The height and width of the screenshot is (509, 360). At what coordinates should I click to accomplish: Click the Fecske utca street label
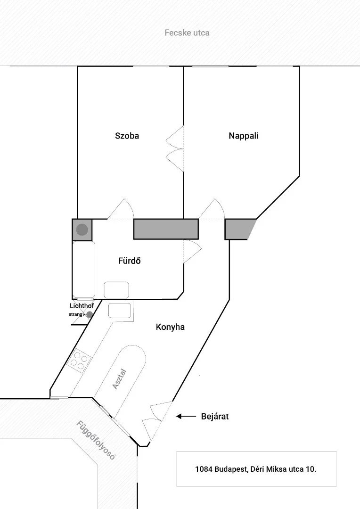[187, 33]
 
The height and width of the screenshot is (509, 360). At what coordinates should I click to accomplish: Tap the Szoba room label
[127, 136]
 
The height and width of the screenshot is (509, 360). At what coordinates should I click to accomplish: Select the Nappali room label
[244, 136]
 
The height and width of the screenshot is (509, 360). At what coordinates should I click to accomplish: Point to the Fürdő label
[129, 261]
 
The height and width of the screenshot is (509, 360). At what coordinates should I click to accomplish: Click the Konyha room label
[170, 327]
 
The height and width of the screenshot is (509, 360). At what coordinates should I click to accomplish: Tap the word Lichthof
[82, 306]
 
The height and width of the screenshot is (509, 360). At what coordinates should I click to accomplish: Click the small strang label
[75, 314]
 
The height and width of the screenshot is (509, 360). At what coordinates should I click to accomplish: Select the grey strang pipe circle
[89, 314]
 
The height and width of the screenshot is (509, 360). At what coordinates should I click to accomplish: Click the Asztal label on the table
[120, 379]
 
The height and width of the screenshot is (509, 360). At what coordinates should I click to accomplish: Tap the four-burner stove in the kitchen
[79, 361]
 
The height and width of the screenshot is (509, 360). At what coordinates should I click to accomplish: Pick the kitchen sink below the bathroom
[120, 311]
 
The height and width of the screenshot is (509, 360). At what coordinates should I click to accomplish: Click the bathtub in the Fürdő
[84, 270]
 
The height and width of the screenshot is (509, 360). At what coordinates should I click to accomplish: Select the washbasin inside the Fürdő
[116, 290]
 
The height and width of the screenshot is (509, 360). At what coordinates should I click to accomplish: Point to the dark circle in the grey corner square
[82, 230]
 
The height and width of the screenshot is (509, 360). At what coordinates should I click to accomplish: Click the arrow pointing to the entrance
[186, 416]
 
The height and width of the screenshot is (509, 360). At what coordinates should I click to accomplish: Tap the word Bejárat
[215, 417]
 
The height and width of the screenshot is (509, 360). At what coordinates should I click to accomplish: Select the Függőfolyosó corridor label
[96, 440]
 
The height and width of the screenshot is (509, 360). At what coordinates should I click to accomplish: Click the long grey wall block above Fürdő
[166, 229]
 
